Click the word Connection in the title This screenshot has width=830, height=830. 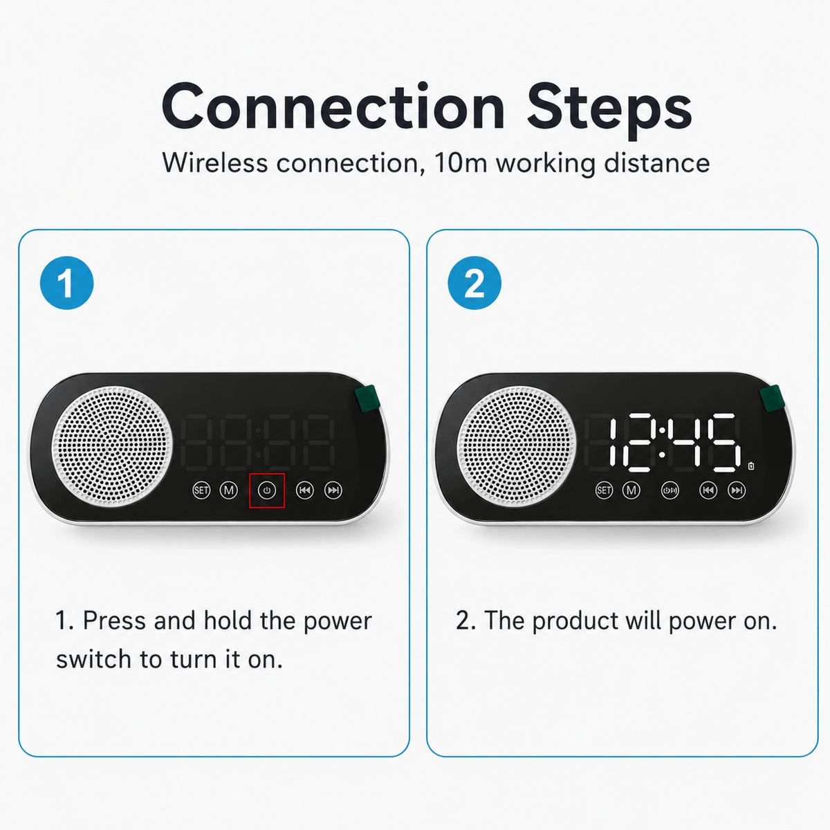point(333,107)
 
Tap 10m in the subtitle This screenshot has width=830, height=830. point(461,163)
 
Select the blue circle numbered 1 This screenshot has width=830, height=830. point(67,283)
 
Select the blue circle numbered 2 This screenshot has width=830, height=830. point(474,283)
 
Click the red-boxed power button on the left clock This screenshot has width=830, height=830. point(267,490)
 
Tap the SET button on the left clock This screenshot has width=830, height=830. point(201,490)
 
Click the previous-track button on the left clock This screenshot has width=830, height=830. point(305,490)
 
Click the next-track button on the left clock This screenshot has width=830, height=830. point(333,490)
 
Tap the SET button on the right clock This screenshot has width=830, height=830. point(604,490)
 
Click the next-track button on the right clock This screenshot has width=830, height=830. point(737,490)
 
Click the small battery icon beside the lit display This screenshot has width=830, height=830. point(751,466)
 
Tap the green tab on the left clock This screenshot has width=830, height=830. point(367,398)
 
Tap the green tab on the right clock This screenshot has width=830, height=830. point(772,398)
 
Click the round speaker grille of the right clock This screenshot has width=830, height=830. point(517,446)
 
